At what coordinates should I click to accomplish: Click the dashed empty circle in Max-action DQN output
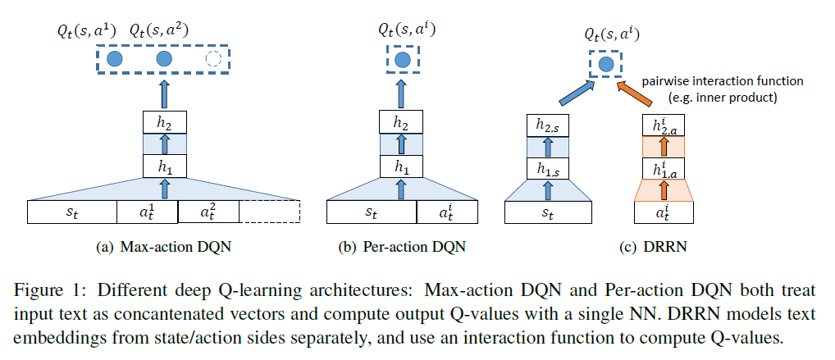click(x=213, y=59)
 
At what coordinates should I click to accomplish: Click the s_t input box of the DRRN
click(x=548, y=212)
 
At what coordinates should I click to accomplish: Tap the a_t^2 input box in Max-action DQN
click(x=208, y=212)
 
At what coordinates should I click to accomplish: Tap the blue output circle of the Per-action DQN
click(x=401, y=60)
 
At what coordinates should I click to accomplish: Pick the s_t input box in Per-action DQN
click(x=372, y=212)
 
